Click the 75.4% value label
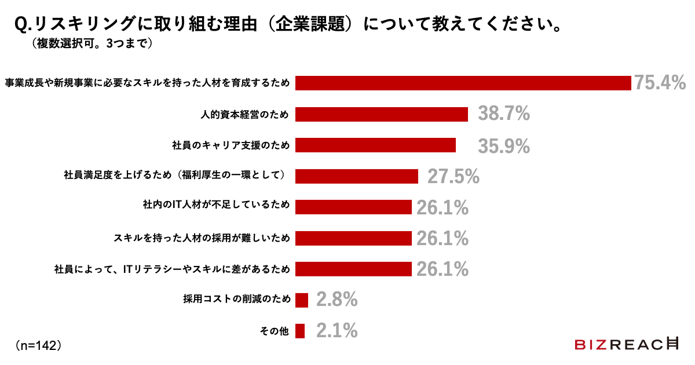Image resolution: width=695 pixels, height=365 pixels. pos(660,83)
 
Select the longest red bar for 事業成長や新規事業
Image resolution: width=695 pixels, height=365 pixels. pos(463,83)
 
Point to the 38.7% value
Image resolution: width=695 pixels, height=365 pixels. pos(503,114)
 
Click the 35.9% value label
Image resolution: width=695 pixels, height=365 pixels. pos(503,145)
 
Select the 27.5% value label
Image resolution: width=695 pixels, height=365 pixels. pos(453,176)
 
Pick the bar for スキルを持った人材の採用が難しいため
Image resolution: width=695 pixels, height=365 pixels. pos(353,238)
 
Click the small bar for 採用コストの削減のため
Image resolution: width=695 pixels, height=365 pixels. pos(301,300)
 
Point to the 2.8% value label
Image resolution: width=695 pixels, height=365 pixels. pos(336,300)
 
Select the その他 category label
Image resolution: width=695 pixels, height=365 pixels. pos(275,331)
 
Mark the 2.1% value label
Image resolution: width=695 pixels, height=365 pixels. pos(336,331)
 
